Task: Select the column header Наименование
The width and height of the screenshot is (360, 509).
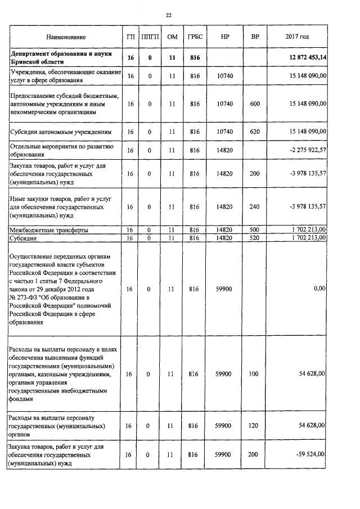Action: pos(66,37)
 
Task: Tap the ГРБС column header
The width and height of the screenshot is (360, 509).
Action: pos(195,37)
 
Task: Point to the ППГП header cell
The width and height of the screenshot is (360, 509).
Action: pos(150,37)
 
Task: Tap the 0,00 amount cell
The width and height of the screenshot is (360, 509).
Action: pos(319,289)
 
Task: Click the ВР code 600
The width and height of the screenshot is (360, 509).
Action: pos(254,104)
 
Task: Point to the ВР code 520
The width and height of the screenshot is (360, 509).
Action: pos(254,238)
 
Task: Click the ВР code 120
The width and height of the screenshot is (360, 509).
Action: pos(254,426)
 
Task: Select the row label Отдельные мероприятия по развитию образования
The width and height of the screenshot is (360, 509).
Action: pos(62,150)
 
